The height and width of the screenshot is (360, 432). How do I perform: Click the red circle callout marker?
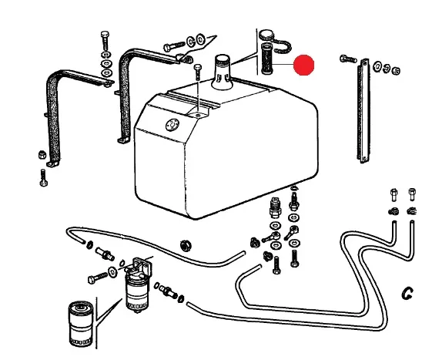[x=304, y=65]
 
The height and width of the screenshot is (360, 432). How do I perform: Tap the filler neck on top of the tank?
[x=222, y=72]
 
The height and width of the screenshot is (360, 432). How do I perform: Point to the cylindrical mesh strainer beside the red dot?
[x=267, y=59]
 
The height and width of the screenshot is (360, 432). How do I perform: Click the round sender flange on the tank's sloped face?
[x=172, y=126]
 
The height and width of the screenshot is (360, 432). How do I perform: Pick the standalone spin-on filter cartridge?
[x=81, y=324]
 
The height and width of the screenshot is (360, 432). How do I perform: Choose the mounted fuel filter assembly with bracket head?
[x=138, y=285]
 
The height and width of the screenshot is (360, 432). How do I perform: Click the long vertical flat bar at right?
[x=364, y=111]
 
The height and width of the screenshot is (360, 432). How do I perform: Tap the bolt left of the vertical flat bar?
[x=348, y=59]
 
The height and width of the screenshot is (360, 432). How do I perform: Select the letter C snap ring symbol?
[x=407, y=293]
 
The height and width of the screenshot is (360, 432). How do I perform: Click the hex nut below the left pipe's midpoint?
[x=186, y=245]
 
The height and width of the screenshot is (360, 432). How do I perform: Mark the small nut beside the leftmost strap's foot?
[x=42, y=155]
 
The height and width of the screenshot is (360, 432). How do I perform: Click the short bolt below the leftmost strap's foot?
[x=43, y=177]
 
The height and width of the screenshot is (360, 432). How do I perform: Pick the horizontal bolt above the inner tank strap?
[x=174, y=46]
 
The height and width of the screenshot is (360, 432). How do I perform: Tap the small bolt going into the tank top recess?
[x=198, y=72]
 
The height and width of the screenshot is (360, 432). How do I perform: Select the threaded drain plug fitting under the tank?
[x=275, y=207]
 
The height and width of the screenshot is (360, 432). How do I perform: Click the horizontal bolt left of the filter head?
[x=98, y=278]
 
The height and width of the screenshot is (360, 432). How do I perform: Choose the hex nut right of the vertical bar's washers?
[x=396, y=71]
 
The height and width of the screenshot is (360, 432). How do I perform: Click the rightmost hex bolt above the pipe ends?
[x=412, y=194]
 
